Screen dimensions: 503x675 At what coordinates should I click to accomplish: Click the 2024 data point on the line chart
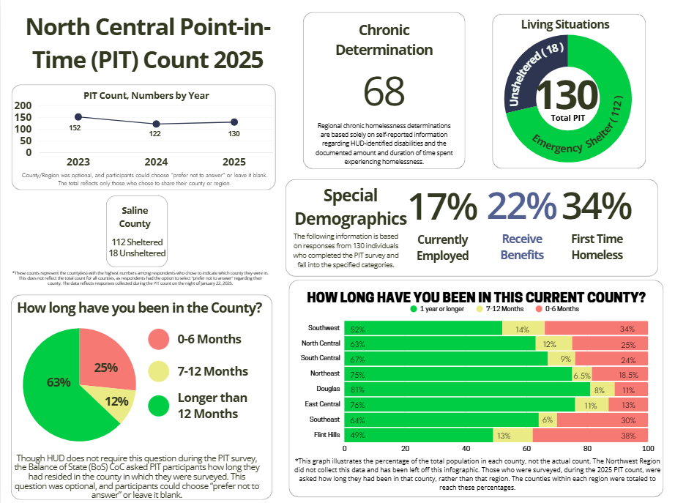156,124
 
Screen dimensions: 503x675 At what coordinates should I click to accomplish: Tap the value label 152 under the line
75,128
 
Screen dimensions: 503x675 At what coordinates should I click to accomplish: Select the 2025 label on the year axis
234,161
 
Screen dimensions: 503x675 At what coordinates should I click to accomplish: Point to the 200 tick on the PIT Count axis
24,105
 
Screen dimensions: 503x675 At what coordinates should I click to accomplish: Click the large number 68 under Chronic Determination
384,92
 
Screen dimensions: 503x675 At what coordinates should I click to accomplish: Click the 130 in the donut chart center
567,96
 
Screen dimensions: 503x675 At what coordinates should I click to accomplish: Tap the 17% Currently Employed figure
442,207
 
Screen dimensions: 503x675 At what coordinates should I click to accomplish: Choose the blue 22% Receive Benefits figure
522,207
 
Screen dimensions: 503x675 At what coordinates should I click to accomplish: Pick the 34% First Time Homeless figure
597,207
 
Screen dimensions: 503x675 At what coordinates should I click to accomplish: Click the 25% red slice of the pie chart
105,360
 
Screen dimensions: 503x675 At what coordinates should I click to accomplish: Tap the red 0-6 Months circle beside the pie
158,339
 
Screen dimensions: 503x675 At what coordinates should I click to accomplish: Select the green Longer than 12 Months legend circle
158,404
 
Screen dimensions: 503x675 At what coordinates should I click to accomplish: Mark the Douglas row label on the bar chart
327,389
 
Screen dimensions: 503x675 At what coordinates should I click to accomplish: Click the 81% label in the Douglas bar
359,390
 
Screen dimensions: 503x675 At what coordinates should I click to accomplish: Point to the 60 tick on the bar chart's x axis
526,447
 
